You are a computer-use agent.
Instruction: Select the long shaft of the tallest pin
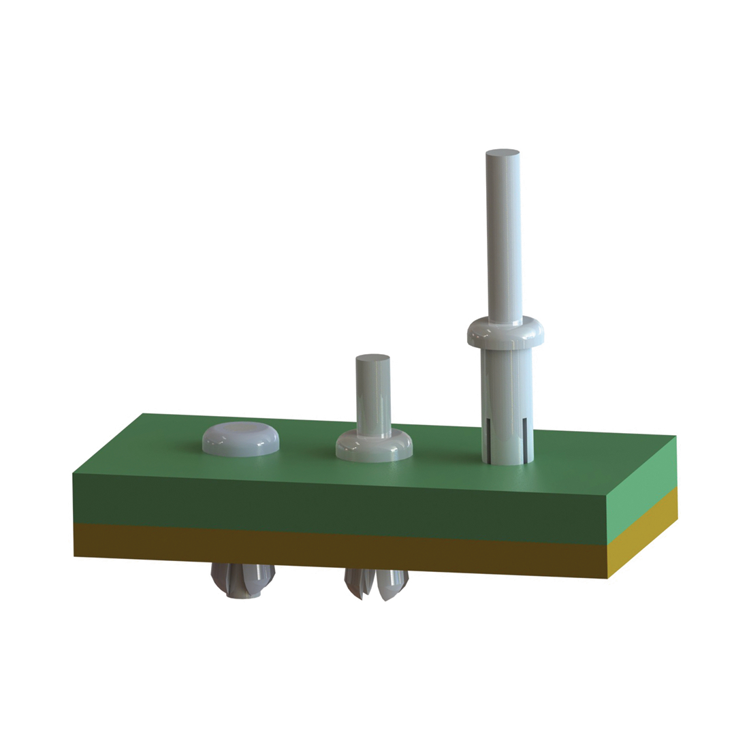[505, 238]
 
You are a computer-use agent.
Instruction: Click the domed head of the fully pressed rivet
[242, 437]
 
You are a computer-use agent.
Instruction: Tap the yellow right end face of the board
[643, 538]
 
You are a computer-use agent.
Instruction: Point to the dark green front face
[340, 504]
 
